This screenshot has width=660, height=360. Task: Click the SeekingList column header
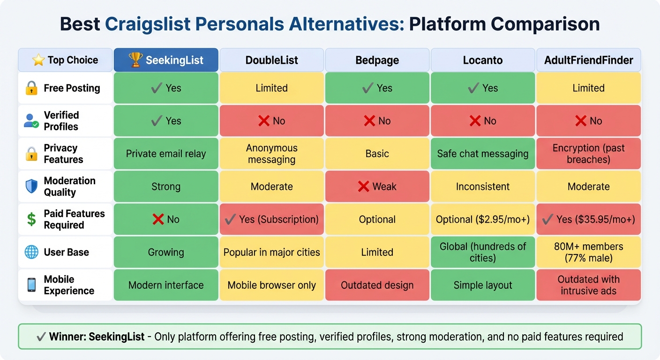(x=166, y=60)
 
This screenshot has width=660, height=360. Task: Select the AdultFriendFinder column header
(x=588, y=60)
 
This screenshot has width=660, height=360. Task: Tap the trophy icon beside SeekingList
(x=135, y=60)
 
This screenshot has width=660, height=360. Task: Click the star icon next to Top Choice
(x=38, y=60)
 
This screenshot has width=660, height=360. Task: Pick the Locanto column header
(x=483, y=60)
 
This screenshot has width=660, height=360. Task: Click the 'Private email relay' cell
(x=166, y=154)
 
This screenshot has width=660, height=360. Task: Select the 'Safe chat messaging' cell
(x=483, y=154)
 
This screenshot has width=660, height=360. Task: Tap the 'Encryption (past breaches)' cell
(x=588, y=154)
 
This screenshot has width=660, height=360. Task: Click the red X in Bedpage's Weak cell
(x=363, y=187)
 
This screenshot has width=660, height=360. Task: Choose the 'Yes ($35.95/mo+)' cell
(x=588, y=219)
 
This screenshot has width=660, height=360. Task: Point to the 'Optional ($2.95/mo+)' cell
(x=483, y=219)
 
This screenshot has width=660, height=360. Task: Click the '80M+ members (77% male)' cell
(x=588, y=252)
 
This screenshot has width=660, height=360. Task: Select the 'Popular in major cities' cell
(x=271, y=252)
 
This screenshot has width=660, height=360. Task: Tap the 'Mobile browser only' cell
(x=271, y=285)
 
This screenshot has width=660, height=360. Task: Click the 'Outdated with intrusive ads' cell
(x=588, y=285)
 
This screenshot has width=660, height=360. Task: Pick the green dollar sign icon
(x=31, y=219)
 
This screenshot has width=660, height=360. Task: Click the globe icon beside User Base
(x=31, y=252)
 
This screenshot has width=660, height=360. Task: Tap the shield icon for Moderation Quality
(x=31, y=187)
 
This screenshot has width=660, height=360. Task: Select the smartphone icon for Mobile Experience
(x=31, y=285)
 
